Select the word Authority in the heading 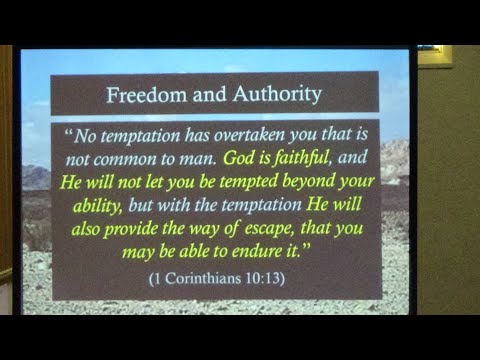point(273,95)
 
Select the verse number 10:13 point(264,277)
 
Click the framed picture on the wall point(434,55)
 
